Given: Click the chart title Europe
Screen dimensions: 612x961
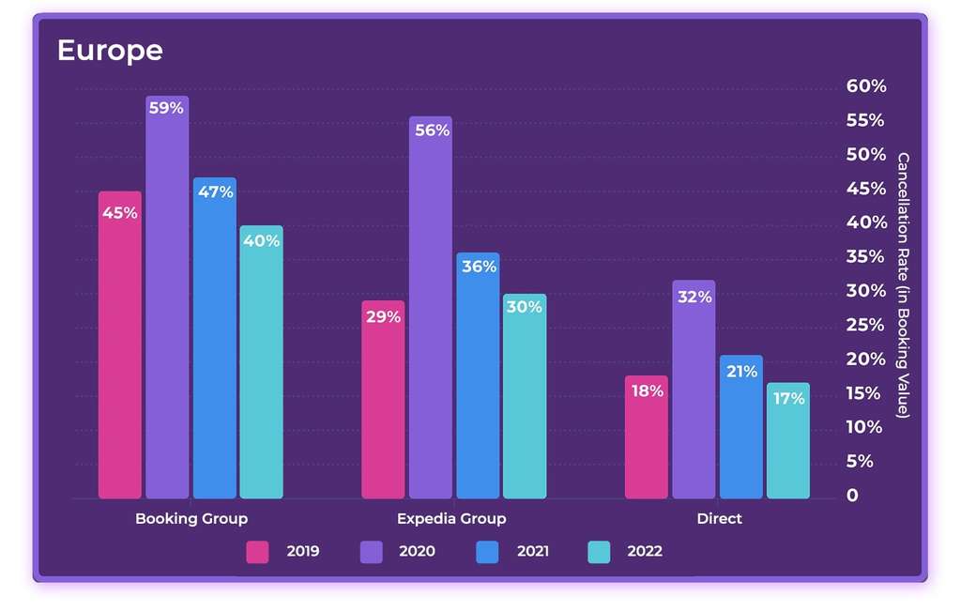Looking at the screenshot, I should [x=110, y=50].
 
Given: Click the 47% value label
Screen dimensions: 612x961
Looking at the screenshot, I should [x=215, y=191].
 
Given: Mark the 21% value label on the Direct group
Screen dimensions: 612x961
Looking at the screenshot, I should [x=741, y=372].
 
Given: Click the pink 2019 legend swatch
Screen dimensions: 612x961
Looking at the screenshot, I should [x=257, y=552].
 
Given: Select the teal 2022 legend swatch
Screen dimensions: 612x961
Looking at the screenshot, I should [x=599, y=552].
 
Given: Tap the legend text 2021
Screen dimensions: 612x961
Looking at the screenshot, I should [x=533, y=552].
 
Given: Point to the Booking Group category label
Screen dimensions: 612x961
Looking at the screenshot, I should [x=191, y=519].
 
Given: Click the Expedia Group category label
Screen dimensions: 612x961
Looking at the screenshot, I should [x=451, y=519].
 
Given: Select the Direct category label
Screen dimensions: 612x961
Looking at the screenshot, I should [x=719, y=519].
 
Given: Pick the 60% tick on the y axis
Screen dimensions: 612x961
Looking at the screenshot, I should [x=865, y=86].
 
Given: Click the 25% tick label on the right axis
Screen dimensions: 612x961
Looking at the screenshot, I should [x=865, y=325].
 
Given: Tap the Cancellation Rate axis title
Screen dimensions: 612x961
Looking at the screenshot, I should [x=903, y=285].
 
